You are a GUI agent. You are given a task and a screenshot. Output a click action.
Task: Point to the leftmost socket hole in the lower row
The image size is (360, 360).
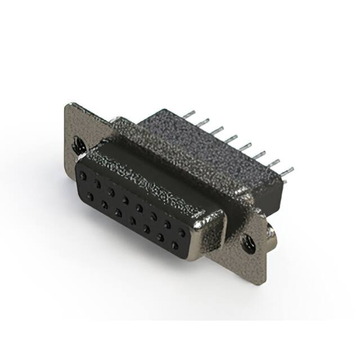pos(90,196)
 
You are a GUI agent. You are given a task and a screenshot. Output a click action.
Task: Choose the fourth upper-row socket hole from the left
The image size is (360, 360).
pos(125,200)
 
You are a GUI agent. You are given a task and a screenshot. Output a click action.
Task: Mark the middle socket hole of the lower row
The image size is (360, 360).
pos(132,220)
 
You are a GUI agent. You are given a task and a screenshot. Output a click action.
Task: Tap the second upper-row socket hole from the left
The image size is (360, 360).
pos(98,184)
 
